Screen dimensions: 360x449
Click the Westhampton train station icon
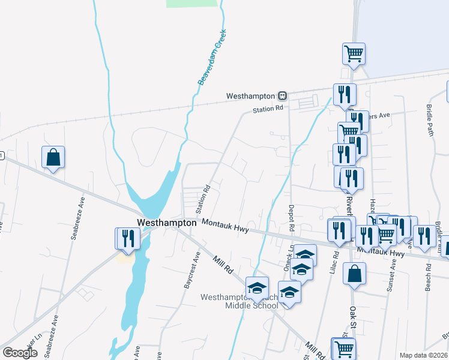coord(282,95)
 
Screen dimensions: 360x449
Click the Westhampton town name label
coord(167,222)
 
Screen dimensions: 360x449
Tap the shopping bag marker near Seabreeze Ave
coord(53,157)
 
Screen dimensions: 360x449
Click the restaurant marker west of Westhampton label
coord(128,238)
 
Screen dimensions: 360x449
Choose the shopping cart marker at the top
coord(354,54)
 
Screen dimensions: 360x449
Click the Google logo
coord(20,353)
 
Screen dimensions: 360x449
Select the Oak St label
coord(353,320)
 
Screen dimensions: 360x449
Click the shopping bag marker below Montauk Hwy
coord(354,274)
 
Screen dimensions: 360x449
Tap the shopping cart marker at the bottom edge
coord(343,348)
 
